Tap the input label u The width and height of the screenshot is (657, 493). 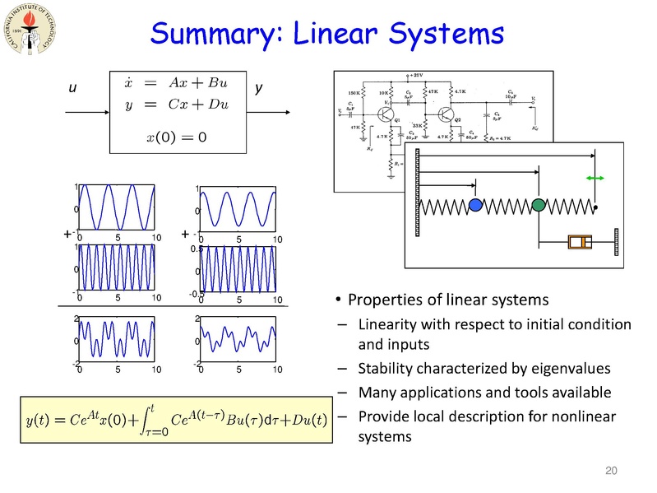click(x=72, y=88)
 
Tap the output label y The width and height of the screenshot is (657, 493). click(x=259, y=88)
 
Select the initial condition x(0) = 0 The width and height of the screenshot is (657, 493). click(x=176, y=136)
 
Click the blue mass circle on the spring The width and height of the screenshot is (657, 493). click(x=475, y=205)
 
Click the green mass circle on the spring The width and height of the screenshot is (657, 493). click(x=538, y=204)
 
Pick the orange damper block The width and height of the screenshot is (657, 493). click(x=581, y=242)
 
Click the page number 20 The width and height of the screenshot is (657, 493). click(x=610, y=471)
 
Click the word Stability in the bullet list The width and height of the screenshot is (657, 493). click(x=385, y=367)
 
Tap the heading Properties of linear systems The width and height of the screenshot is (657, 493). click(x=448, y=299)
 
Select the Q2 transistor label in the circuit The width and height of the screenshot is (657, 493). click(x=457, y=120)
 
